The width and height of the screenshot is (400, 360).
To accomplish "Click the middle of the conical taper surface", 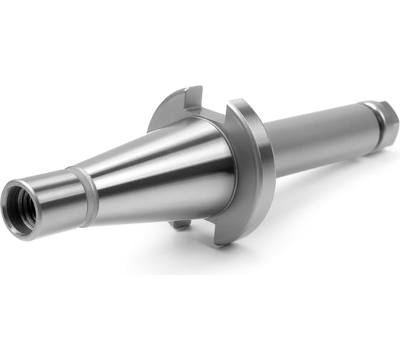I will (x=157, y=171).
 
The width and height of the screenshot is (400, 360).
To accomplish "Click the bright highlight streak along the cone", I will (x=157, y=154).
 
